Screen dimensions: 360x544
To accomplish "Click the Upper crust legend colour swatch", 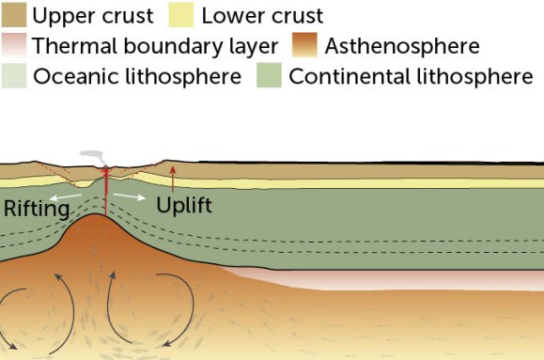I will [14, 16].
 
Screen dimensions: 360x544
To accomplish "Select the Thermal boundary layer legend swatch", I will [14, 46].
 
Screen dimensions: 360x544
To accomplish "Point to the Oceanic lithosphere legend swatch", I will [14, 76].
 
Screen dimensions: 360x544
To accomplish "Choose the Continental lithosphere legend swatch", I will [270, 76].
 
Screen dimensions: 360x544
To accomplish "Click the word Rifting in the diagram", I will [37, 209].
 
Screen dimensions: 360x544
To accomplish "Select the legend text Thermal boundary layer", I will [155, 46].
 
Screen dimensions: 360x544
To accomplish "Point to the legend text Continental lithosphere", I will [411, 76].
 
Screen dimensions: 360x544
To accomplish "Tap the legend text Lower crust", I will [262, 16].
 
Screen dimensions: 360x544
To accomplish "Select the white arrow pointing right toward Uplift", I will [129, 196].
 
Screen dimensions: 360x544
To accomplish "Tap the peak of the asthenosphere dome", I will [101, 217].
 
